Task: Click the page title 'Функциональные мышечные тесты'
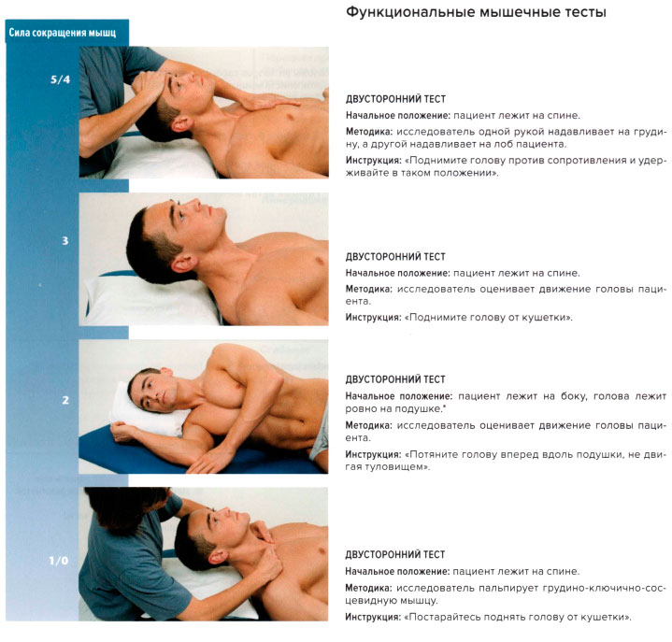click(476, 12)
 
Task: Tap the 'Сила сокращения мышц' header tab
click(63, 33)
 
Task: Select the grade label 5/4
click(60, 79)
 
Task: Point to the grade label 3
click(65, 241)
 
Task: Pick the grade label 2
click(65, 400)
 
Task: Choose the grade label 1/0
click(58, 561)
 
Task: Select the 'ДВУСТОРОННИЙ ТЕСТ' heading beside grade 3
click(395, 257)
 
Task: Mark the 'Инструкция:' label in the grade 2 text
click(373, 454)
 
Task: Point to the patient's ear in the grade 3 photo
click(183, 264)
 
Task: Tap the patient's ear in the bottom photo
click(217, 557)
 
